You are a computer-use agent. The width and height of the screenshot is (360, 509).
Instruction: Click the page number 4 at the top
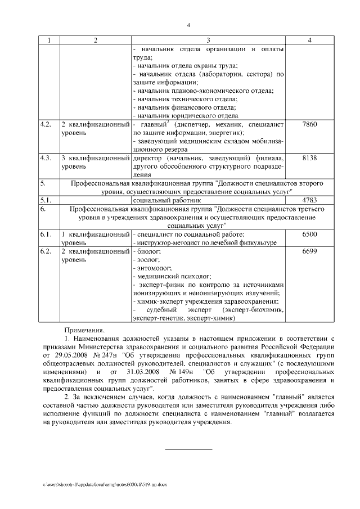click(188, 25)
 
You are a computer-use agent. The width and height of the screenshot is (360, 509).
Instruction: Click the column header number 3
click(208, 40)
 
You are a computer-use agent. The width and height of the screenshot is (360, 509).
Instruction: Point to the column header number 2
click(95, 40)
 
